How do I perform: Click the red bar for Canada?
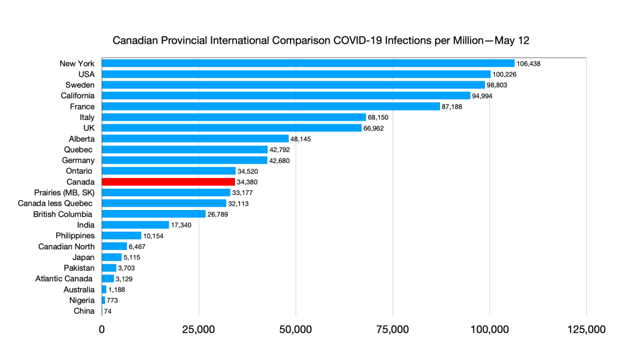click(168, 182)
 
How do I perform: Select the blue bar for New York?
click(307, 63)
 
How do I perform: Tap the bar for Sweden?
click(292, 84)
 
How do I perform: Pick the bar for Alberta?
click(195, 139)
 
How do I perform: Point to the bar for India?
click(135, 225)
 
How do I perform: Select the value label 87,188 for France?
click(456, 107)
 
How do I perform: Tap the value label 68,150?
click(381, 117)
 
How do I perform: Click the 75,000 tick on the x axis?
click(392, 329)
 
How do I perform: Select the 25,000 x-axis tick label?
click(199, 329)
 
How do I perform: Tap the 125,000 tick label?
click(586, 329)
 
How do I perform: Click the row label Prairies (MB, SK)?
click(64, 192)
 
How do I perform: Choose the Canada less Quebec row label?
click(63, 203)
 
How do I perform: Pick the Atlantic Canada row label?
click(64, 279)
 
